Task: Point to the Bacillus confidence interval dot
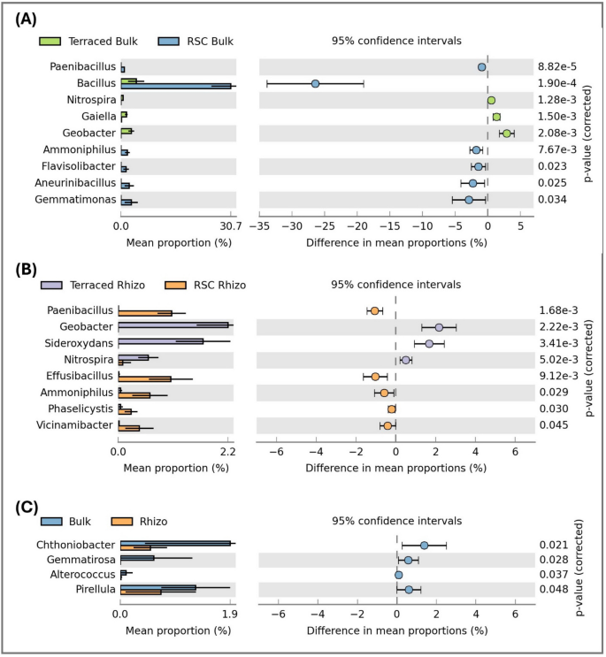(x=316, y=84)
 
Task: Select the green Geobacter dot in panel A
(x=507, y=134)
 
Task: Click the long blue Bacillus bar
(x=177, y=86)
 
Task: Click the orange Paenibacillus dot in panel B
(x=375, y=310)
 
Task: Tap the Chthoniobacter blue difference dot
(x=425, y=545)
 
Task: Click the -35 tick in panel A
(x=259, y=225)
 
